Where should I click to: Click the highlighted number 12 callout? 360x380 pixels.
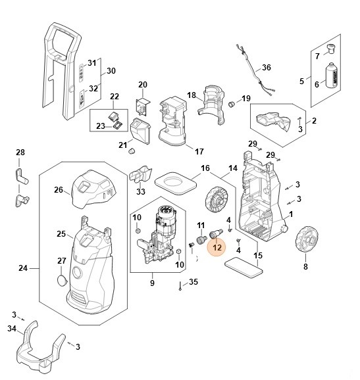pos(216,248)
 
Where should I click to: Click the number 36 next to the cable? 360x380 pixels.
pos(266,68)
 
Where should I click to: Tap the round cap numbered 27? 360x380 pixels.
pos(61,280)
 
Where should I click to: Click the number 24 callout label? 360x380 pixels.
pos(22,268)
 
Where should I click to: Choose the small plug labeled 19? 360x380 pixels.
pos(232,105)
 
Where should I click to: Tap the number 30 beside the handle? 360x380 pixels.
pos(111,71)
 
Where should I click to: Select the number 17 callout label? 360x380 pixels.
pos(199,151)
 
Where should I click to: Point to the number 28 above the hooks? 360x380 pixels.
pos(20,153)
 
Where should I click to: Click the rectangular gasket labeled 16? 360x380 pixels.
pos(175,181)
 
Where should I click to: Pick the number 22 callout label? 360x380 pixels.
pos(114,97)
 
